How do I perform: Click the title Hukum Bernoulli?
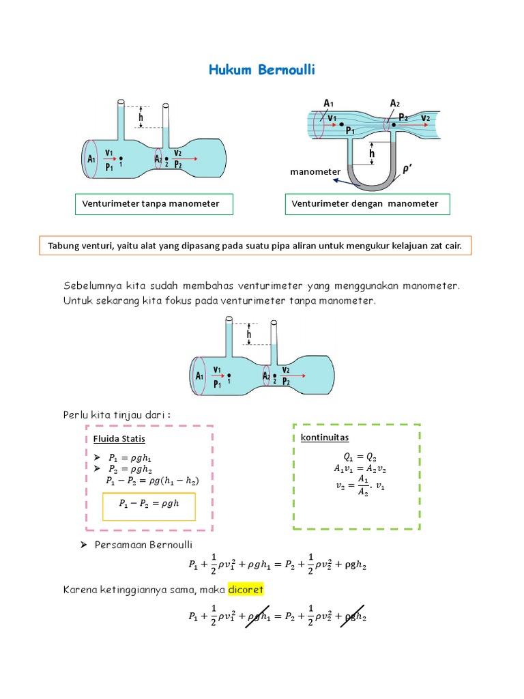point(261,71)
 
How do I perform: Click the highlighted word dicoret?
point(246,588)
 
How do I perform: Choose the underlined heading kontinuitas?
point(325,438)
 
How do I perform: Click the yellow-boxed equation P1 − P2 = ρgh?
point(147,504)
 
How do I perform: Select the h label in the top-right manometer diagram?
point(372,154)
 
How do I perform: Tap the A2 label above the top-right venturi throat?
point(394,103)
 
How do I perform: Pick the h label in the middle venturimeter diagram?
point(249,334)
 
